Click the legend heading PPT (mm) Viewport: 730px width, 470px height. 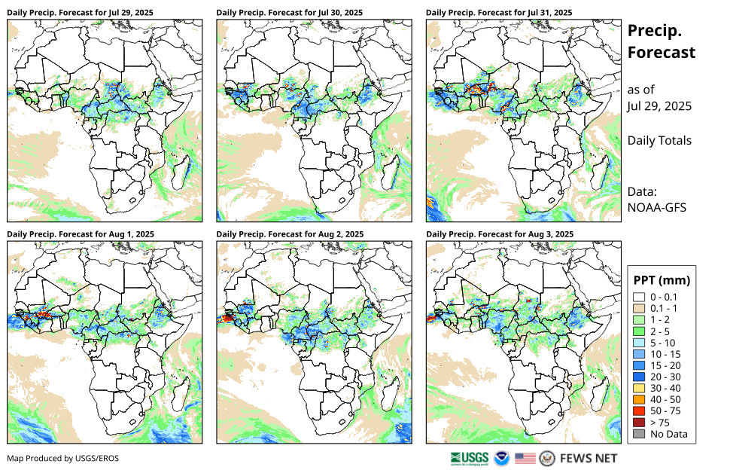pyautogui.click(x=662, y=280)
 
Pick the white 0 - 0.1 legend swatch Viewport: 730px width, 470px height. pyautogui.click(x=639, y=298)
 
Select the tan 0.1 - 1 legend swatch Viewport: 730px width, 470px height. pyautogui.click(x=639, y=309)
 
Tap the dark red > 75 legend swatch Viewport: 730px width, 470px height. pyautogui.click(x=639, y=423)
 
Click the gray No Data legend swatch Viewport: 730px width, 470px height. pyautogui.click(x=639, y=434)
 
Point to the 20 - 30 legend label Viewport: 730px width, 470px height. pyautogui.click(x=667, y=377)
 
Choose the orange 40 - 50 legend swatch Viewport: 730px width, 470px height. pyautogui.click(x=639, y=399)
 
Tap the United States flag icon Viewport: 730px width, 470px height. pyautogui.click(x=525, y=458)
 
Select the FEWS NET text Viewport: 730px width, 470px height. pyautogui.click(x=589, y=458)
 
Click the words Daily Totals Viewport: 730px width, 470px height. pyautogui.click(x=659, y=140)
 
